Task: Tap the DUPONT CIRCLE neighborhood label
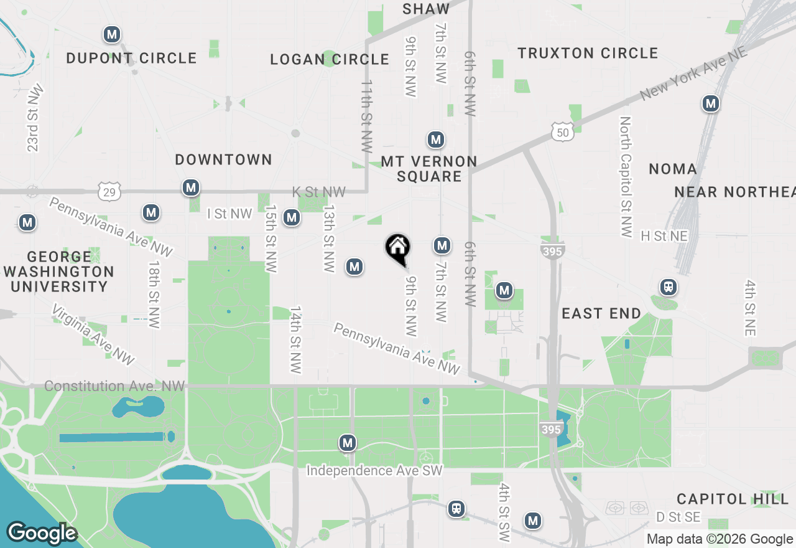coord(131,59)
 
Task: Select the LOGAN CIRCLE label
coord(330,60)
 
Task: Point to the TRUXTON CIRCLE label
coord(588,54)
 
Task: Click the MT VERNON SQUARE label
coord(429,169)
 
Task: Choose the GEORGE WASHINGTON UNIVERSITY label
coord(59,272)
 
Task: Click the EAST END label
coord(601,313)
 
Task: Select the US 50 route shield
coord(562,131)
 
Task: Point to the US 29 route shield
coord(109,192)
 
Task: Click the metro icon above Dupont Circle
coord(112,34)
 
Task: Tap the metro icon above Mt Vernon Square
coord(436,139)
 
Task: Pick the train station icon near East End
coord(669,287)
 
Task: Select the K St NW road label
coord(319,192)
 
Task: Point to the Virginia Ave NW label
coord(93,334)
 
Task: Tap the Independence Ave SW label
coord(374,471)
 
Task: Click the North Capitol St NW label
coord(626,177)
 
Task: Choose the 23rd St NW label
coord(33,117)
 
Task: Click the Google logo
coord(42,534)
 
